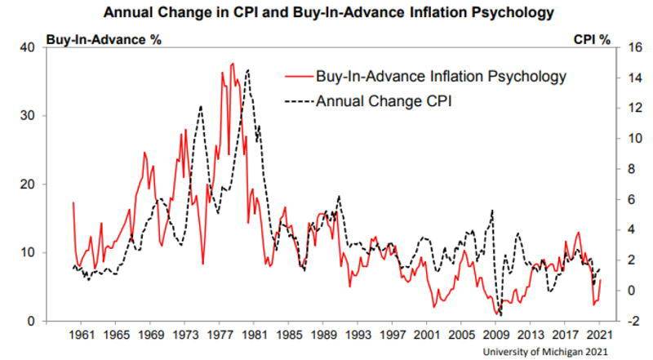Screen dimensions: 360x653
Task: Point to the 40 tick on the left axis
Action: tap(26, 47)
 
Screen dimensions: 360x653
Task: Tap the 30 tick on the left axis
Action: tap(26, 116)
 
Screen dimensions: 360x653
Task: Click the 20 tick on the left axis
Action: tap(26, 184)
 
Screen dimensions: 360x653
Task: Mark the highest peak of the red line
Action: tap(233, 63)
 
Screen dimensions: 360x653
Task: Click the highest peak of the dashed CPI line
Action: tap(247, 69)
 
